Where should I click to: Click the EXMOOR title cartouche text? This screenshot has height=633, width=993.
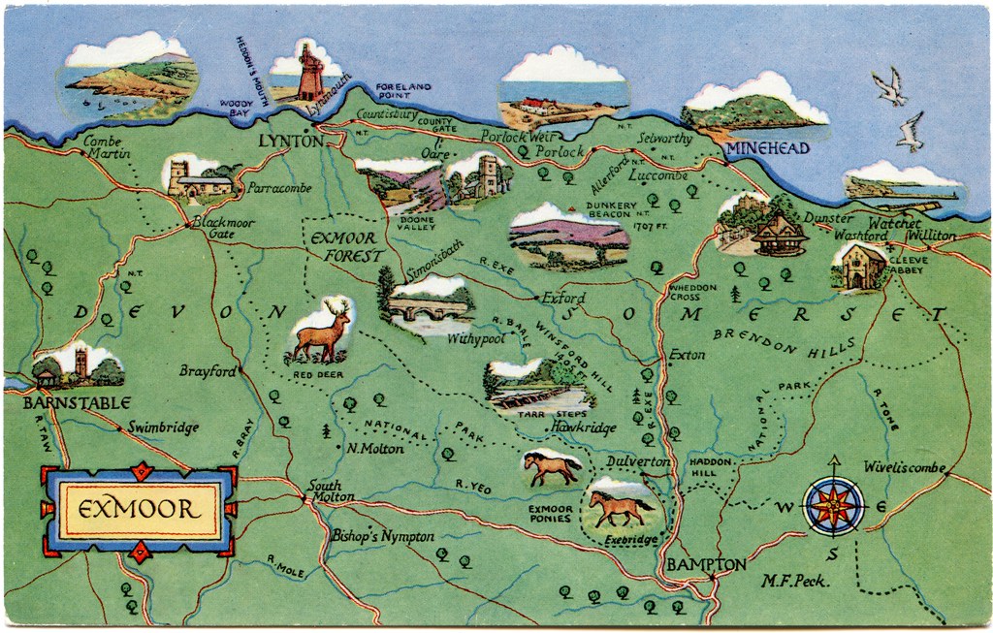click(140, 509)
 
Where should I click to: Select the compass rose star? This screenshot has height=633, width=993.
click(835, 507)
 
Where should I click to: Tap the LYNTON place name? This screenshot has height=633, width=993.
click(290, 142)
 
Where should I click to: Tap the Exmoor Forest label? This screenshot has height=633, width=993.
click(343, 247)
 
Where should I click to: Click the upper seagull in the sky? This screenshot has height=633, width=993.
click(888, 86)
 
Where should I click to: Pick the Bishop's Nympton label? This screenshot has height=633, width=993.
click(382, 536)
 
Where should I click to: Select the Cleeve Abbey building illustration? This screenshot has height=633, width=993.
click(857, 268)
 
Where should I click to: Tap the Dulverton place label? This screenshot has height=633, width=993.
click(637, 461)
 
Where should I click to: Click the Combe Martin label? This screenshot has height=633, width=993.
click(104, 147)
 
